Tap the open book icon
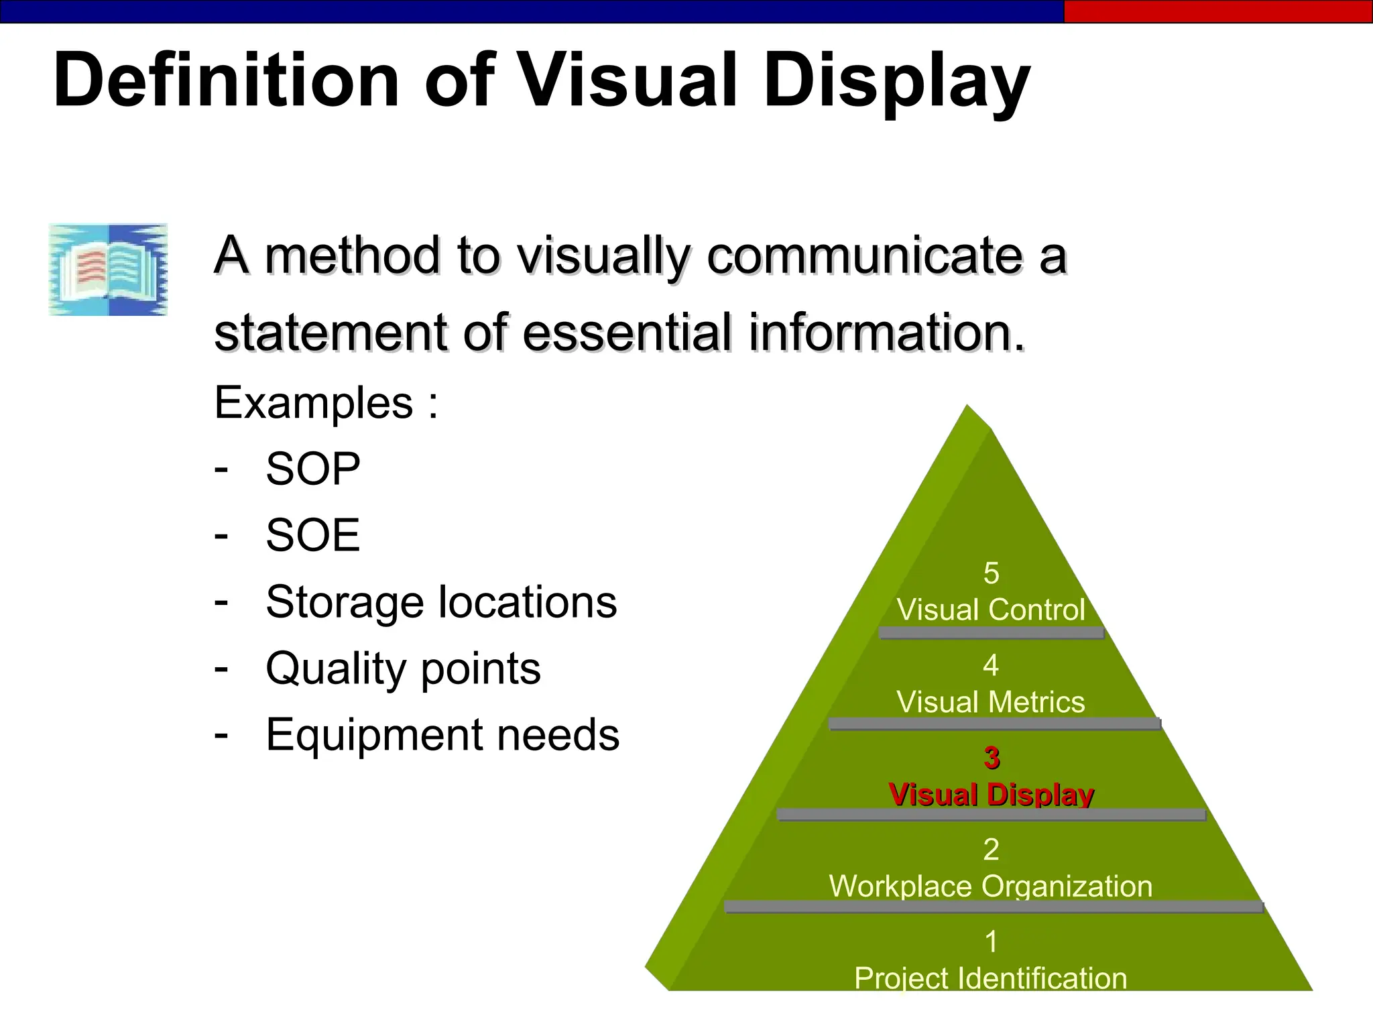tap(108, 270)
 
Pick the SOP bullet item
tap(312, 469)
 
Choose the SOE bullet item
tap(312, 535)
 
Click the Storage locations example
tap(441, 602)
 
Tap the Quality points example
tap(403, 669)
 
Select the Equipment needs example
tap(442, 735)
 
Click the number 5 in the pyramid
tap(991, 573)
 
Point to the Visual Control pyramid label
tap(991, 610)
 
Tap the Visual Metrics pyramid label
tap(991, 702)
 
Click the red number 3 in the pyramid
tap(992, 758)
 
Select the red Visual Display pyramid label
tap(991, 795)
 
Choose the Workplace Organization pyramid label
tap(991, 886)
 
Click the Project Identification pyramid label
tap(991, 978)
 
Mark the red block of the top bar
tap(1217, 11)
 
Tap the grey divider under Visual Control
tap(991, 632)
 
